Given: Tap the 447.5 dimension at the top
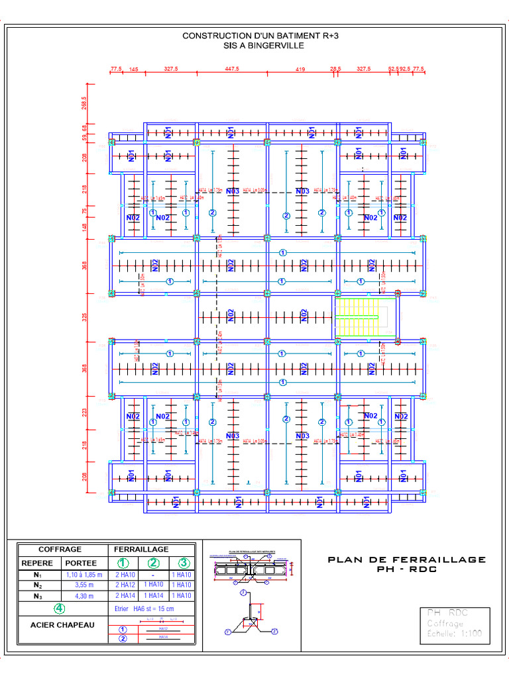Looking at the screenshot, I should coord(232,69).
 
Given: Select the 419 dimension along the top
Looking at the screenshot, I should coord(300,69).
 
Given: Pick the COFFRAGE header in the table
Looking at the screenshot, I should coord(60,550).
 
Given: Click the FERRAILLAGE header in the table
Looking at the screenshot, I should coord(141,550).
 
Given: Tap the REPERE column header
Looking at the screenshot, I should coord(38,563).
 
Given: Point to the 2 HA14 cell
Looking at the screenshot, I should coord(124,596).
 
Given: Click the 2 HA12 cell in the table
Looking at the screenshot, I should coord(124,585).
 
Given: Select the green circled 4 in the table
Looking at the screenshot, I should coord(60,608).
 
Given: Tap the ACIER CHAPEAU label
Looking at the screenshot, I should coord(62,625).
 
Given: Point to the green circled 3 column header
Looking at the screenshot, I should coord(184,563).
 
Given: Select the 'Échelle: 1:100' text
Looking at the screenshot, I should coord(454,634).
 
